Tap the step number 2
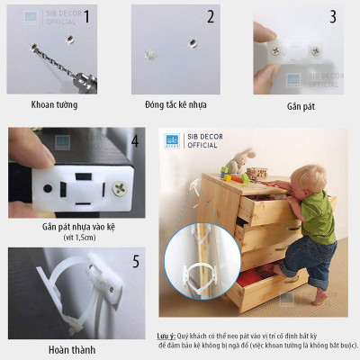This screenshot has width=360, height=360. point(211,16)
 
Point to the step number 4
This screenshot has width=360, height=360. point(134,141)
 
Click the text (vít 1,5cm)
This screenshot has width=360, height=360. point(72,238)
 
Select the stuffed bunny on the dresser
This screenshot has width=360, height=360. point(231,164)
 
